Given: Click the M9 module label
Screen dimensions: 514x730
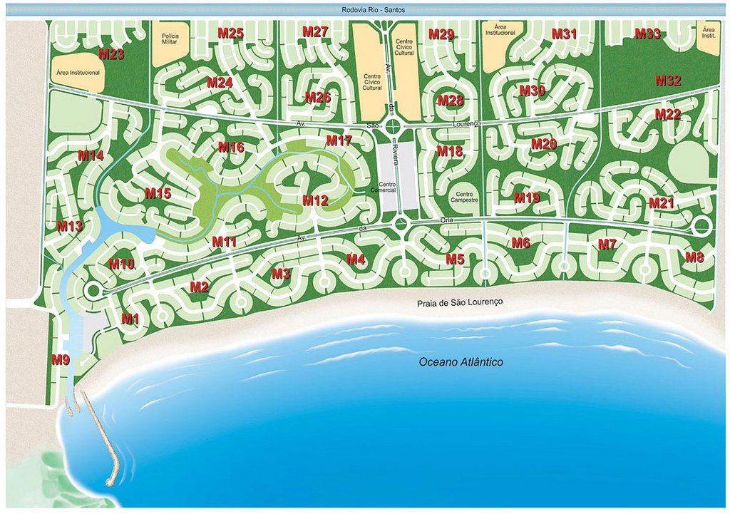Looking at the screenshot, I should tap(61, 360).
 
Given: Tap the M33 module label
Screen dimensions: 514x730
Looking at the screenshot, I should tap(647, 34).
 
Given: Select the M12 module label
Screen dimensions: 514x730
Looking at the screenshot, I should tap(314, 200).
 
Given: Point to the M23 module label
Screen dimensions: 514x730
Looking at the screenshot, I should tap(111, 54).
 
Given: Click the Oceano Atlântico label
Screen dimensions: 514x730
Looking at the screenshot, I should tap(461, 362).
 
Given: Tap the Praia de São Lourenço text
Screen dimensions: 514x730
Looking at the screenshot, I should tap(460, 302).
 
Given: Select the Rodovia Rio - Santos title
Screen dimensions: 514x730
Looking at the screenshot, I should tap(365, 11).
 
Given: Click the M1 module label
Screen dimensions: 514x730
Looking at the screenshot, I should tap(130, 319).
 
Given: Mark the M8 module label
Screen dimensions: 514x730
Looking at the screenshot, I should tap(694, 257).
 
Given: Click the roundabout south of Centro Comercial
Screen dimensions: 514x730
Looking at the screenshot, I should tap(400, 225).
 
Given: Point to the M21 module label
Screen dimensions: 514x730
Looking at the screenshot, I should tap(661, 203).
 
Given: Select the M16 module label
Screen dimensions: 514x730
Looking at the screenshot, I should tap(231, 148).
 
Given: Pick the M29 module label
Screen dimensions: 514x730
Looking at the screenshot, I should tap(441, 34).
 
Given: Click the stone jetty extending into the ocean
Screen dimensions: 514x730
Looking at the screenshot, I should tap(100, 442).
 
